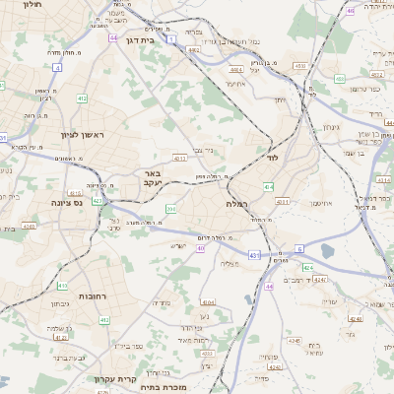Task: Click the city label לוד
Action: click(274, 157)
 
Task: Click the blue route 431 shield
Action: click(253, 254)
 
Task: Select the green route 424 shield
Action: click(307, 267)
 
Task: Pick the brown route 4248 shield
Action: click(357, 319)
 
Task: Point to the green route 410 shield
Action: click(62, 287)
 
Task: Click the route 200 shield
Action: click(170, 209)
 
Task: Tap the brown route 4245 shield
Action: click(295, 341)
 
